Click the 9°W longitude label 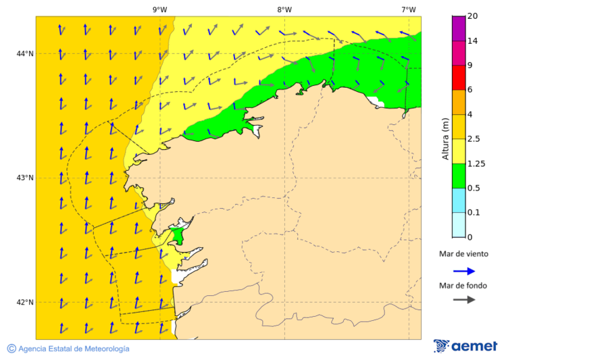(159, 9)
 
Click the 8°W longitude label (284, 9)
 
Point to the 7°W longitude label (408, 9)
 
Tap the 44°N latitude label (26, 53)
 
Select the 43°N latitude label (26, 178)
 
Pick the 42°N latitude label (26, 302)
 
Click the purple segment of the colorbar (459, 28)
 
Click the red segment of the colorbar (459, 78)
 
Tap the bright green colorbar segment (459, 176)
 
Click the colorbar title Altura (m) (445, 138)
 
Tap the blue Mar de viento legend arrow (464, 271)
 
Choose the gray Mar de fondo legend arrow (464, 299)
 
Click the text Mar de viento (463, 254)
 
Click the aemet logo (465, 346)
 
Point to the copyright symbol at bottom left (11, 349)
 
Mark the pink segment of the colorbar (459, 53)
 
